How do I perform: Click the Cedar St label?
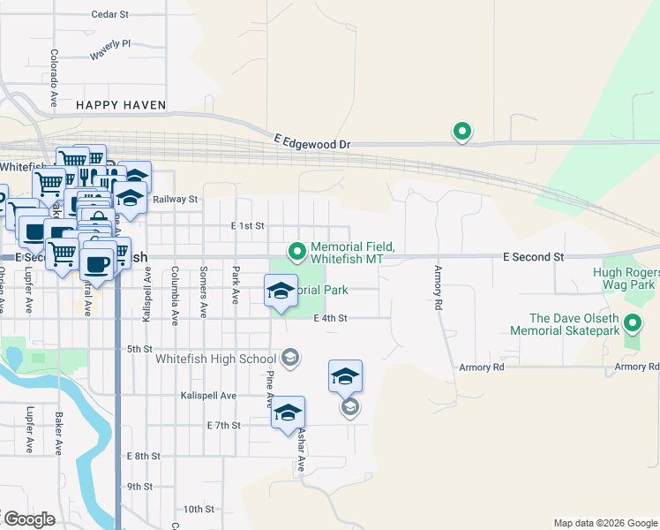coord(110,15)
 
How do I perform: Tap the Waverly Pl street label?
coord(109,49)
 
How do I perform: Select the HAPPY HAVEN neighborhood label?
coord(121,105)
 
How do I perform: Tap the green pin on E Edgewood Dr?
coord(461,132)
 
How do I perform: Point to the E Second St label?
coord(533,256)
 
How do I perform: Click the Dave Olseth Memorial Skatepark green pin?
coord(633,324)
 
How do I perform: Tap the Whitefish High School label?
coord(215,359)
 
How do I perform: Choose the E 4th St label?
coord(330,318)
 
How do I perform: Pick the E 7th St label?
coord(223,426)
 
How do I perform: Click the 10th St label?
coord(199,510)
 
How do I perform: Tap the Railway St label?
coord(175,200)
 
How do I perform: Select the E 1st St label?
coord(248,226)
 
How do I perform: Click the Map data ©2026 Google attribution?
coord(604,523)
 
